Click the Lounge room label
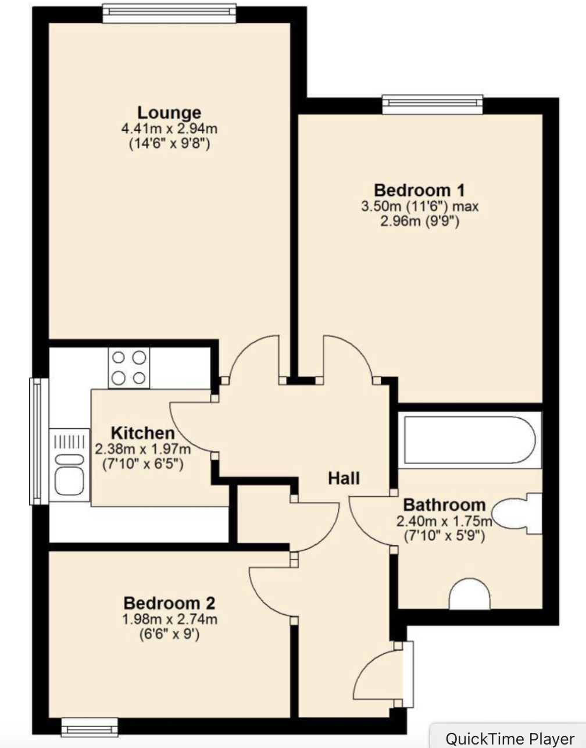coord(169,112)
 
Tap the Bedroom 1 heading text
coord(419,190)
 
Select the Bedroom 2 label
coord(169,603)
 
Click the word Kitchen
coord(142,433)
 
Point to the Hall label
coord(344,478)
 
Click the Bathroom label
coord(444,505)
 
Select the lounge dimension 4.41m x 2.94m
coord(169,129)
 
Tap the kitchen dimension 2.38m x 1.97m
coord(142,449)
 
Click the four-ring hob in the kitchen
coord(128,368)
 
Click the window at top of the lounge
coord(169,13)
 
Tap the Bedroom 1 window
coord(433,104)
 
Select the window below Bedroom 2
coord(90,726)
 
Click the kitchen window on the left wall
coord(38,441)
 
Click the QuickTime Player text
coord(509,738)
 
